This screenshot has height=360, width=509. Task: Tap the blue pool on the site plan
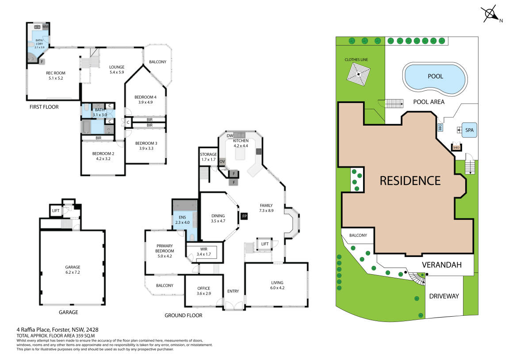click(x=435, y=77)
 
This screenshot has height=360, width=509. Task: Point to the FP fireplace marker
click(x=244, y=216)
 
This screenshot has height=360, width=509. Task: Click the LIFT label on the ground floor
click(x=264, y=244)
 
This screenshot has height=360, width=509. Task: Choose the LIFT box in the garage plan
click(x=56, y=211)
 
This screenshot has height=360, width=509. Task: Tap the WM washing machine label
click(x=46, y=27)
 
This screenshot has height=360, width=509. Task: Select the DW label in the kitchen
click(x=230, y=136)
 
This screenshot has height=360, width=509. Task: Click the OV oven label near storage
click(x=222, y=161)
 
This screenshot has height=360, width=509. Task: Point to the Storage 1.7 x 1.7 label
click(x=208, y=157)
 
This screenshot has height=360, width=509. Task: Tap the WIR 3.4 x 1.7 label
click(x=203, y=252)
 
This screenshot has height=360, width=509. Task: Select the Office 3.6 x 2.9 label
click(x=203, y=291)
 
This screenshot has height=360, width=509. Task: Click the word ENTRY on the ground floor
click(x=233, y=291)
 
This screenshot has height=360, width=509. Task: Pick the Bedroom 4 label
click(x=145, y=100)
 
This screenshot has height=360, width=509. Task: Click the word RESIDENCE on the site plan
click(x=410, y=180)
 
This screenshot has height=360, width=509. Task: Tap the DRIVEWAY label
click(x=444, y=296)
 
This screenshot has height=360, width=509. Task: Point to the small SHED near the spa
click(x=456, y=147)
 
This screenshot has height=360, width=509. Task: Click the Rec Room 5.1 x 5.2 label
click(x=55, y=76)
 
